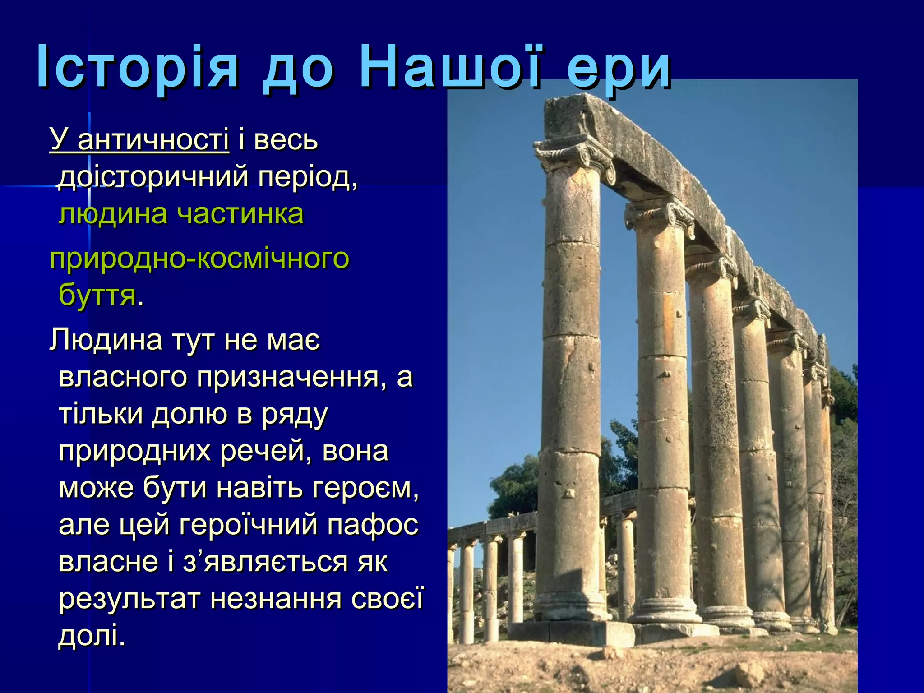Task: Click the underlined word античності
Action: pyautogui.click(x=153, y=140)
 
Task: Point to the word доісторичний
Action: pyautogui.click(x=153, y=177)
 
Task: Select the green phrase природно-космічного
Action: pyautogui.click(x=199, y=259)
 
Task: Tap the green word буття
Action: pyautogui.click(x=97, y=296)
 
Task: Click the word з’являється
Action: pyautogui.click(x=266, y=562)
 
